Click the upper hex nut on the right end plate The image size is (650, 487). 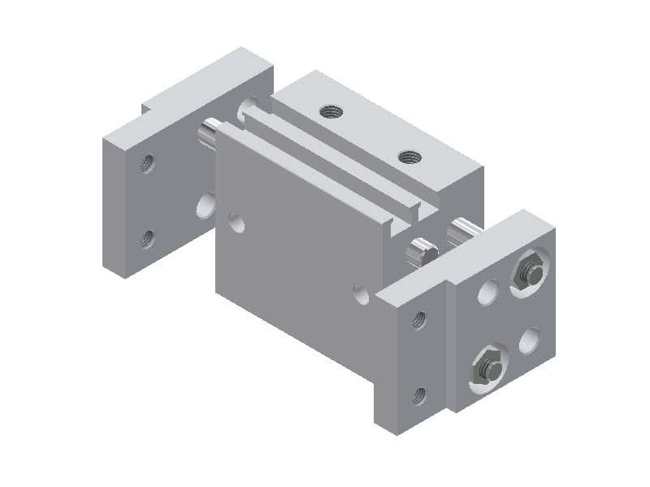tap(528, 273)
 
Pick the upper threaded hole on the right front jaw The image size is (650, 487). tap(419, 320)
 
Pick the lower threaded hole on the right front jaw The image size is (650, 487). tap(418, 395)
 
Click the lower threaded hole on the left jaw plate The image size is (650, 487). tap(147, 238)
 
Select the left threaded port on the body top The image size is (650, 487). tap(330, 110)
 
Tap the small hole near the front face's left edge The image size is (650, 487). tap(236, 222)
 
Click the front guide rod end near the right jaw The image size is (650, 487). tap(421, 251)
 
